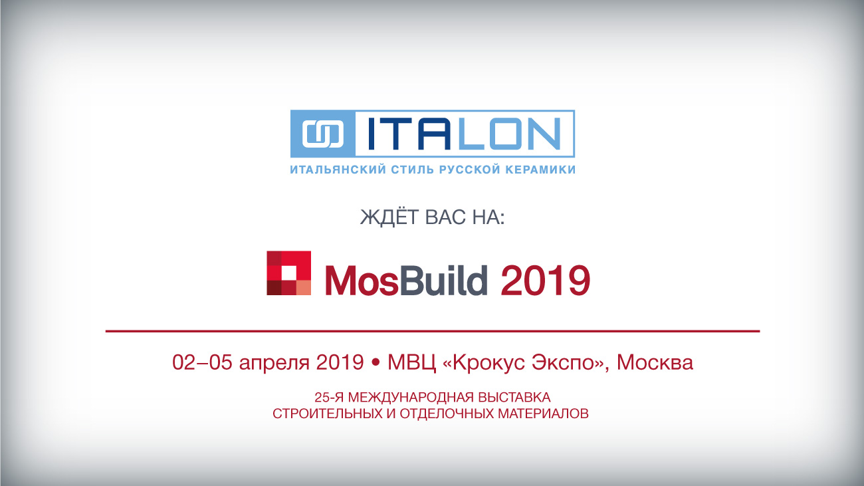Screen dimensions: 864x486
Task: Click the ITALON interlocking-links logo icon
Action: (x=323, y=134)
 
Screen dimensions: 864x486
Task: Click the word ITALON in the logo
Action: (x=465, y=134)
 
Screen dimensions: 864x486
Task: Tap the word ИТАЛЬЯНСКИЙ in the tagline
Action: (x=338, y=170)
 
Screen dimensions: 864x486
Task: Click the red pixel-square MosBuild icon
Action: (x=289, y=273)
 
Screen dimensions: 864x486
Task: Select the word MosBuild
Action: (x=407, y=280)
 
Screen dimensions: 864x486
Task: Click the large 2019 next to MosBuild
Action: (x=546, y=280)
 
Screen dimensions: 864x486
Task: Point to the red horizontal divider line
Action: (x=433, y=331)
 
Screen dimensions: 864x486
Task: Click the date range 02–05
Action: (x=202, y=362)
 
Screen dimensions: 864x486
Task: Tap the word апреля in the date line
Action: (x=274, y=364)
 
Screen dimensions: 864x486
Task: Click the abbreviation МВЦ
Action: (x=412, y=363)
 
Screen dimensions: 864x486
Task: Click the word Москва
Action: (x=655, y=362)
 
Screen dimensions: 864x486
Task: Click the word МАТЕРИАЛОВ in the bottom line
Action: (x=543, y=414)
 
